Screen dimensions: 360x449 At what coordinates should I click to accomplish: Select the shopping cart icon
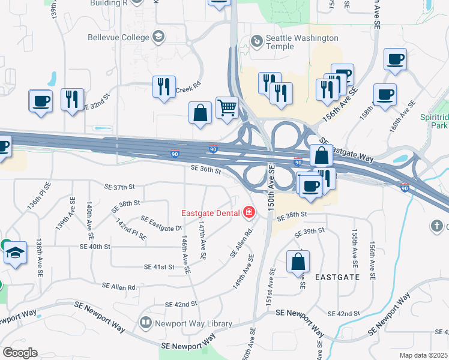pos(227,109)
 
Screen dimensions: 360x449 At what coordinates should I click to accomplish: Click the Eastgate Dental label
pos(211,212)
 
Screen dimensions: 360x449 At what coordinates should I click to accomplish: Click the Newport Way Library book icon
pos(145,323)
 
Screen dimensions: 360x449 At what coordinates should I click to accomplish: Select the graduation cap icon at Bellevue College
pos(158,38)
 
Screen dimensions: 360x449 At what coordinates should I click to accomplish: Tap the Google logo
pos(20,353)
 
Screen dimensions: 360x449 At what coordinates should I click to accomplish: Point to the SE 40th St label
pos(95,246)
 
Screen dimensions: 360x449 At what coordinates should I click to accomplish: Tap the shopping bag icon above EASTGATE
pos(298,262)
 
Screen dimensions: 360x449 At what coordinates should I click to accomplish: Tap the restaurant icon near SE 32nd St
pos(72,100)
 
